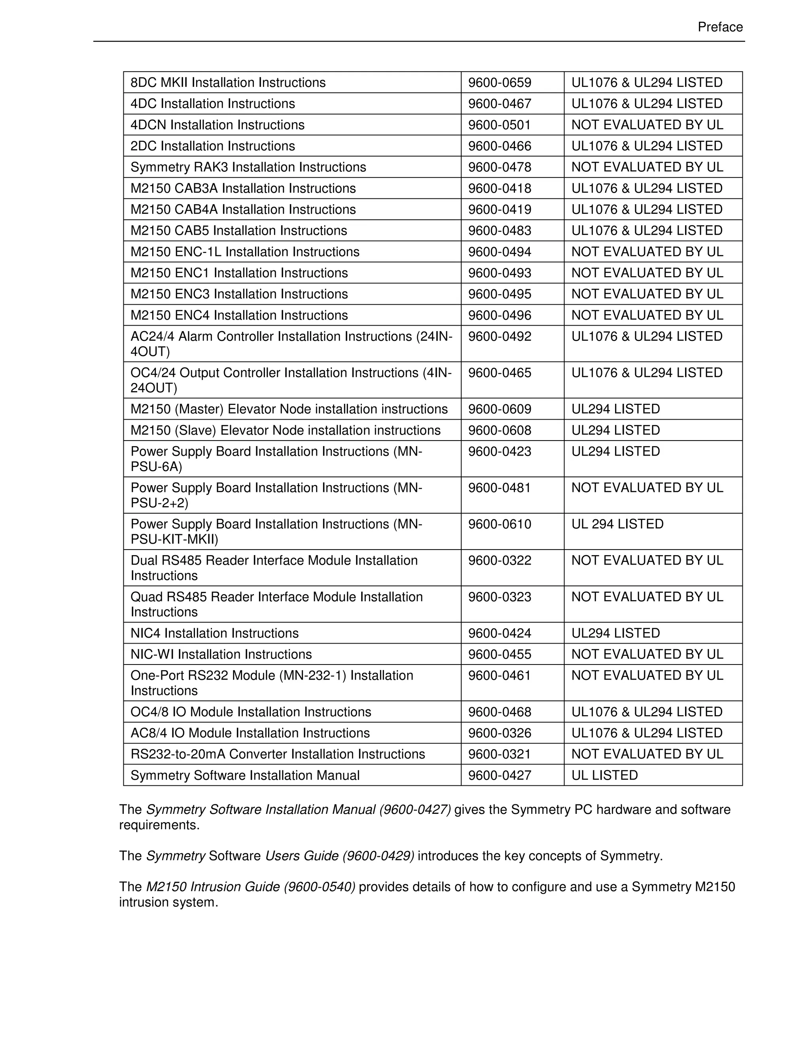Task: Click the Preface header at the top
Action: (x=720, y=27)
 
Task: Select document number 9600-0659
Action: (x=500, y=83)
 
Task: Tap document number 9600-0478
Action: (x=500, y=167)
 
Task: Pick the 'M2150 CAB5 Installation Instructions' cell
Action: (x=238, y=231)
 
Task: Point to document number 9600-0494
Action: (x=500, y=252)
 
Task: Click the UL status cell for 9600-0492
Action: (x=646, y=337)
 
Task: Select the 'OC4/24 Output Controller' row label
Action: (x=291, y=380)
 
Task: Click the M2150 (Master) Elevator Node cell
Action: (x=289, y=409)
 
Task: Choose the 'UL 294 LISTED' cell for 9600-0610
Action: (x=617, y=524)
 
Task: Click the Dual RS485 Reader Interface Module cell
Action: (x=274, y=568)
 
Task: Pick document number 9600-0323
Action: (x=500, y=597)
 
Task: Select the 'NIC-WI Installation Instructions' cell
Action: (x=221, y=654)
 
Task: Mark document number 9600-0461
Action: (x=500, y=676)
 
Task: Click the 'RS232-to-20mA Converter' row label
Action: (x=277, y=754)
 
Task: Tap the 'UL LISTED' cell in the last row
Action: (x=604, y=775)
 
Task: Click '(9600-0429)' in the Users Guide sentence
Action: (x=378, y=856)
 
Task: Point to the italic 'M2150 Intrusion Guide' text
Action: (x=213, y=887)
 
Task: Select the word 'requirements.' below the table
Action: (x=159, y=825)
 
